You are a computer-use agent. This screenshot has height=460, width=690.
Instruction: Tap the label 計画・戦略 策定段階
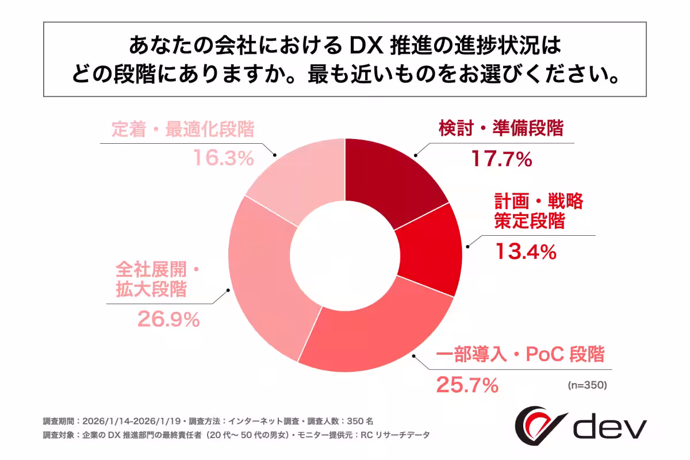click(538, 211)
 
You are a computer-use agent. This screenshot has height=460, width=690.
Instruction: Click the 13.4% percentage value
click(526, 251)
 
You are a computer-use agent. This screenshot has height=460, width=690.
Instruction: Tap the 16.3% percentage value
click(223, 159)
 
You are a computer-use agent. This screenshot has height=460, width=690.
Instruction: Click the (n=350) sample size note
click(587, 384)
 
